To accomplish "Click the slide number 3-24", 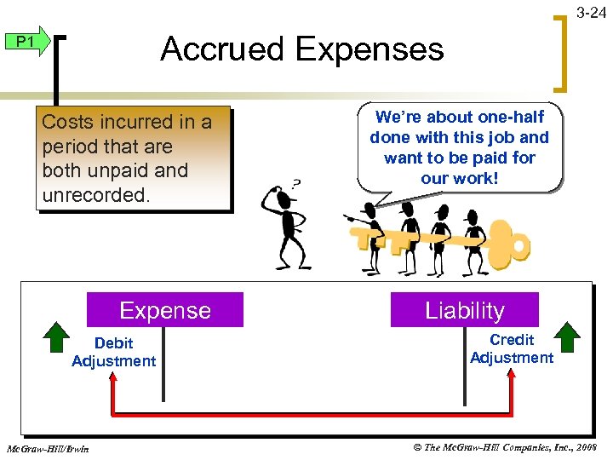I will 591,13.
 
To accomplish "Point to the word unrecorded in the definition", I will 95,194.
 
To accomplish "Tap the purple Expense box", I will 165,310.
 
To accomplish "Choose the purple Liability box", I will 464,310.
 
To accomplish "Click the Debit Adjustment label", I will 113,352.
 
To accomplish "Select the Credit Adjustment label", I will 511,348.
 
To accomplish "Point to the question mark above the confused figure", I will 295,183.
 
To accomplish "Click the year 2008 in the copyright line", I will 587,448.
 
